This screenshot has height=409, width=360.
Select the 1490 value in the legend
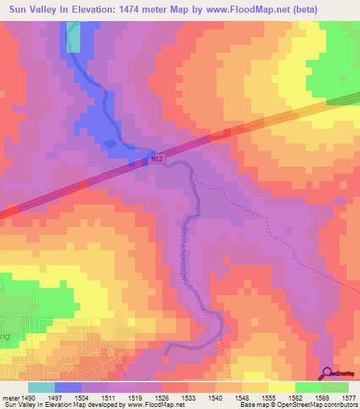click(27, 397)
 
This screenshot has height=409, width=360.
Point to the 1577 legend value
click(349, 397)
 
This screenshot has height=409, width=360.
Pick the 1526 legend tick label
click(162, 397)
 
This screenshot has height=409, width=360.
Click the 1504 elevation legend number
click(82, 397)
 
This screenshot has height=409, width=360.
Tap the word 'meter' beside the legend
click(9, 397)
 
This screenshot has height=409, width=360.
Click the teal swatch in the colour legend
click(41, 387)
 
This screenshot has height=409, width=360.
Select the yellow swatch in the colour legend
click(282, 387)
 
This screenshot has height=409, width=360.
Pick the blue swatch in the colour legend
click(68, 387)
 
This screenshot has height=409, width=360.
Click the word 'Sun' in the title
click(16, 10)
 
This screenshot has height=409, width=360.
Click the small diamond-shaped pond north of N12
click(111, 143)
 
